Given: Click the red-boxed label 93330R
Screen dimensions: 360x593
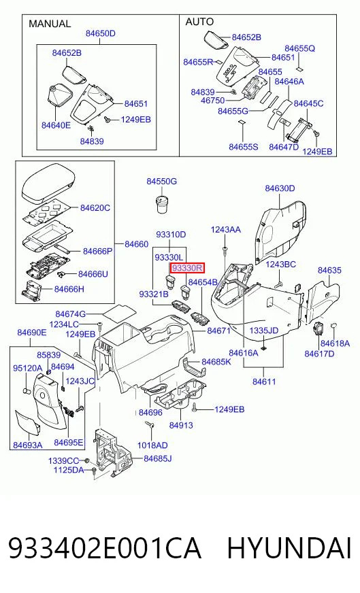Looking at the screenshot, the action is [188, 269].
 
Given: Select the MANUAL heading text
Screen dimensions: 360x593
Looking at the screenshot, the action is [50, 24].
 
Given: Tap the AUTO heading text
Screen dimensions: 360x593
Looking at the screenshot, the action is [199, 22].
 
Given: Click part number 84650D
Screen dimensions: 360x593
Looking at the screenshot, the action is [100, 33].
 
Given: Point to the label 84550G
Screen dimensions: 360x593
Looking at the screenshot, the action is [162, 182].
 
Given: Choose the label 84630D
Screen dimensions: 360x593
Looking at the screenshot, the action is [280, 188].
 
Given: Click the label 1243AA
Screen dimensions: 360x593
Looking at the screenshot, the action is [226, 230].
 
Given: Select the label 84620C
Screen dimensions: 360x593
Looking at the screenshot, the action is [95, 207].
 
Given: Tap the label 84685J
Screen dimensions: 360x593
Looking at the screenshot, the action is [157, 458].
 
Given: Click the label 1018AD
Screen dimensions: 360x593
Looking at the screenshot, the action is [152, 445].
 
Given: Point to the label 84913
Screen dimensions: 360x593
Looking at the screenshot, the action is [181, 425].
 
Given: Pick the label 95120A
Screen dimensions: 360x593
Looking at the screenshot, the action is [28, 368].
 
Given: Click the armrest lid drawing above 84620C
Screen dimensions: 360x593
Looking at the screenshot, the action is [48, 184].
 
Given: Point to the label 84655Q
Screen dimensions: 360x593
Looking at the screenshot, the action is [300, 48].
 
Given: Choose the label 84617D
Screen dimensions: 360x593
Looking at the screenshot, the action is [319, 354].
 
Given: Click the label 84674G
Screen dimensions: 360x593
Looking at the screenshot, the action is [70, 314].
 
